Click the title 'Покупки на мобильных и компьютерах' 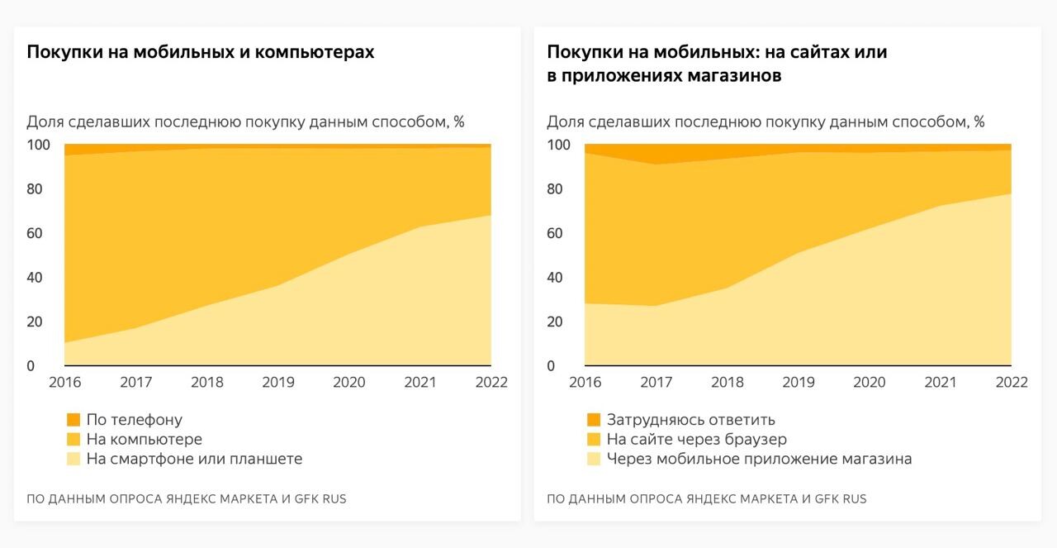(201, 52)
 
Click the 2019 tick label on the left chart (278, 382)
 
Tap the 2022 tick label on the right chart (1011, 382)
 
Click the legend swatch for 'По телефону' (73, 420)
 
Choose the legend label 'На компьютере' (144, 439)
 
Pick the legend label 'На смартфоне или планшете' (194, 459)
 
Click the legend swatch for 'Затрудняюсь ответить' (593, 420)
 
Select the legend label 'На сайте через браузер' (696, 439)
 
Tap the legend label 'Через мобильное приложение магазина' (759, 459)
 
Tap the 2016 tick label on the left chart (65, 382)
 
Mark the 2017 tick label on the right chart (656, 382)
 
